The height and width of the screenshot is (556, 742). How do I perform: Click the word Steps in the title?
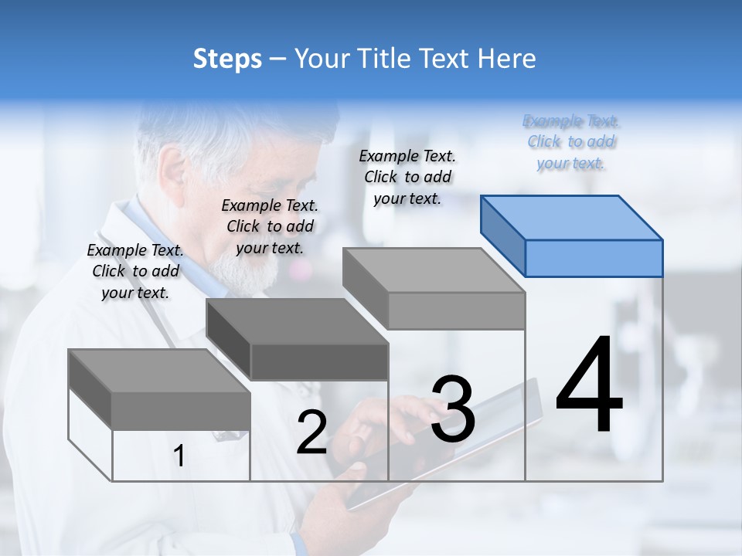click(x=227, y=59)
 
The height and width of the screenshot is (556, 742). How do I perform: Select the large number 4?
click(x=589, y=386)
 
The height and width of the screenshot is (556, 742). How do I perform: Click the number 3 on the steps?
click(x=453, y=409)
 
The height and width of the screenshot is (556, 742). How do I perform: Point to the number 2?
click(x=311, y=432)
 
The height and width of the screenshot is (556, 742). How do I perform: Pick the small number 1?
click(x=179, y=456)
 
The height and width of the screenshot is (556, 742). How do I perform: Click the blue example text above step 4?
click(x=571, y=142)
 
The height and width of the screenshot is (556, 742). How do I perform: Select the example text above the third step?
click(x=407, y=177)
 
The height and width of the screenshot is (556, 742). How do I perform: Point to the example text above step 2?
click(x=270, y=226)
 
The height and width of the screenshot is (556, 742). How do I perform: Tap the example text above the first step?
click(x=135, y=271)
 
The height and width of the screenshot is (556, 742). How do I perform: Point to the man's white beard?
click(x=240, y=266)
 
